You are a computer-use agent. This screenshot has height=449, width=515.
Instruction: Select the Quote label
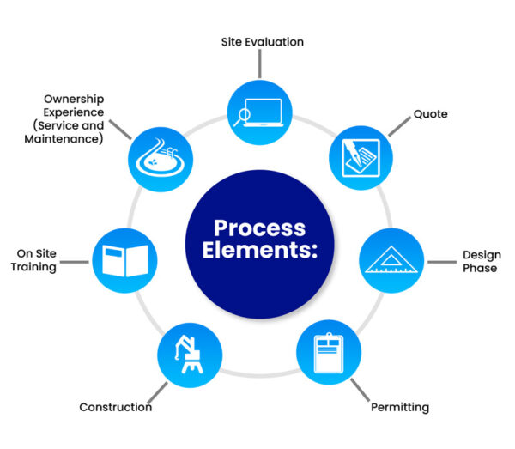430,113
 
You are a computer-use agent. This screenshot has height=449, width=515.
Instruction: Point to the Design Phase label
480,261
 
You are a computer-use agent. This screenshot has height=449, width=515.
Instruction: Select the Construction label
115,406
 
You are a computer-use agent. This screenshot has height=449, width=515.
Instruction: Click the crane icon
190,353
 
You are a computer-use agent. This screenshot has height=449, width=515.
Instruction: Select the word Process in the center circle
259,228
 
